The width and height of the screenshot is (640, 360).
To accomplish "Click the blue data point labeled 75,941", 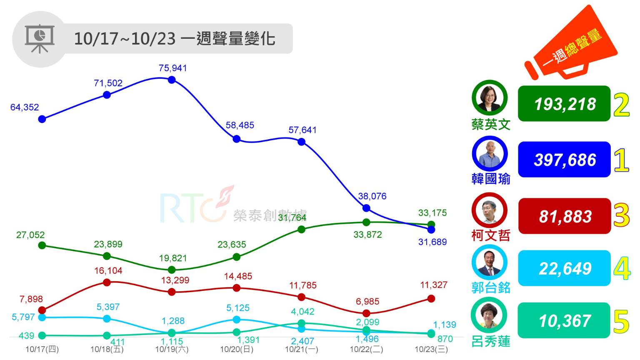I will point(172,80).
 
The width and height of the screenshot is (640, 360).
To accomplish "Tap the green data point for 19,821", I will point(172,270).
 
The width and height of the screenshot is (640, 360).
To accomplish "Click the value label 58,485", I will point(240,125).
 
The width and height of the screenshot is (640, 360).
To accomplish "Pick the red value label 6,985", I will point(367,302).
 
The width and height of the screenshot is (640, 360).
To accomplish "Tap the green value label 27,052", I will point(30,235).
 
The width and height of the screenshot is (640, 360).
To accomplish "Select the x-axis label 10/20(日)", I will point(237,349).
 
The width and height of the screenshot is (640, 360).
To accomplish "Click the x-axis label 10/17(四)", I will point(42,349).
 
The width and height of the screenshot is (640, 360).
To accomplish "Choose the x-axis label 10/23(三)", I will point(431,349).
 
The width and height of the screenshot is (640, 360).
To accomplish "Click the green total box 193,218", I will point(564,104).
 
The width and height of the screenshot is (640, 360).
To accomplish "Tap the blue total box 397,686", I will point(564,160).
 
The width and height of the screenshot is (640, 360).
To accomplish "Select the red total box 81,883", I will point(564,216).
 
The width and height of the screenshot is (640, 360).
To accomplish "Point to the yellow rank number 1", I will point(621,160).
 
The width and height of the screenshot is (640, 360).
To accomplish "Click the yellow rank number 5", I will point(621,322).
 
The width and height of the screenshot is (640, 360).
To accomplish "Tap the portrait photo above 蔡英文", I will point(490,98).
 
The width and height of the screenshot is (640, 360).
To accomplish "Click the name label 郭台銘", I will point(491,287).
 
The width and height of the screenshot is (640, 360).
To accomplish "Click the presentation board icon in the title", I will point(40,39).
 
